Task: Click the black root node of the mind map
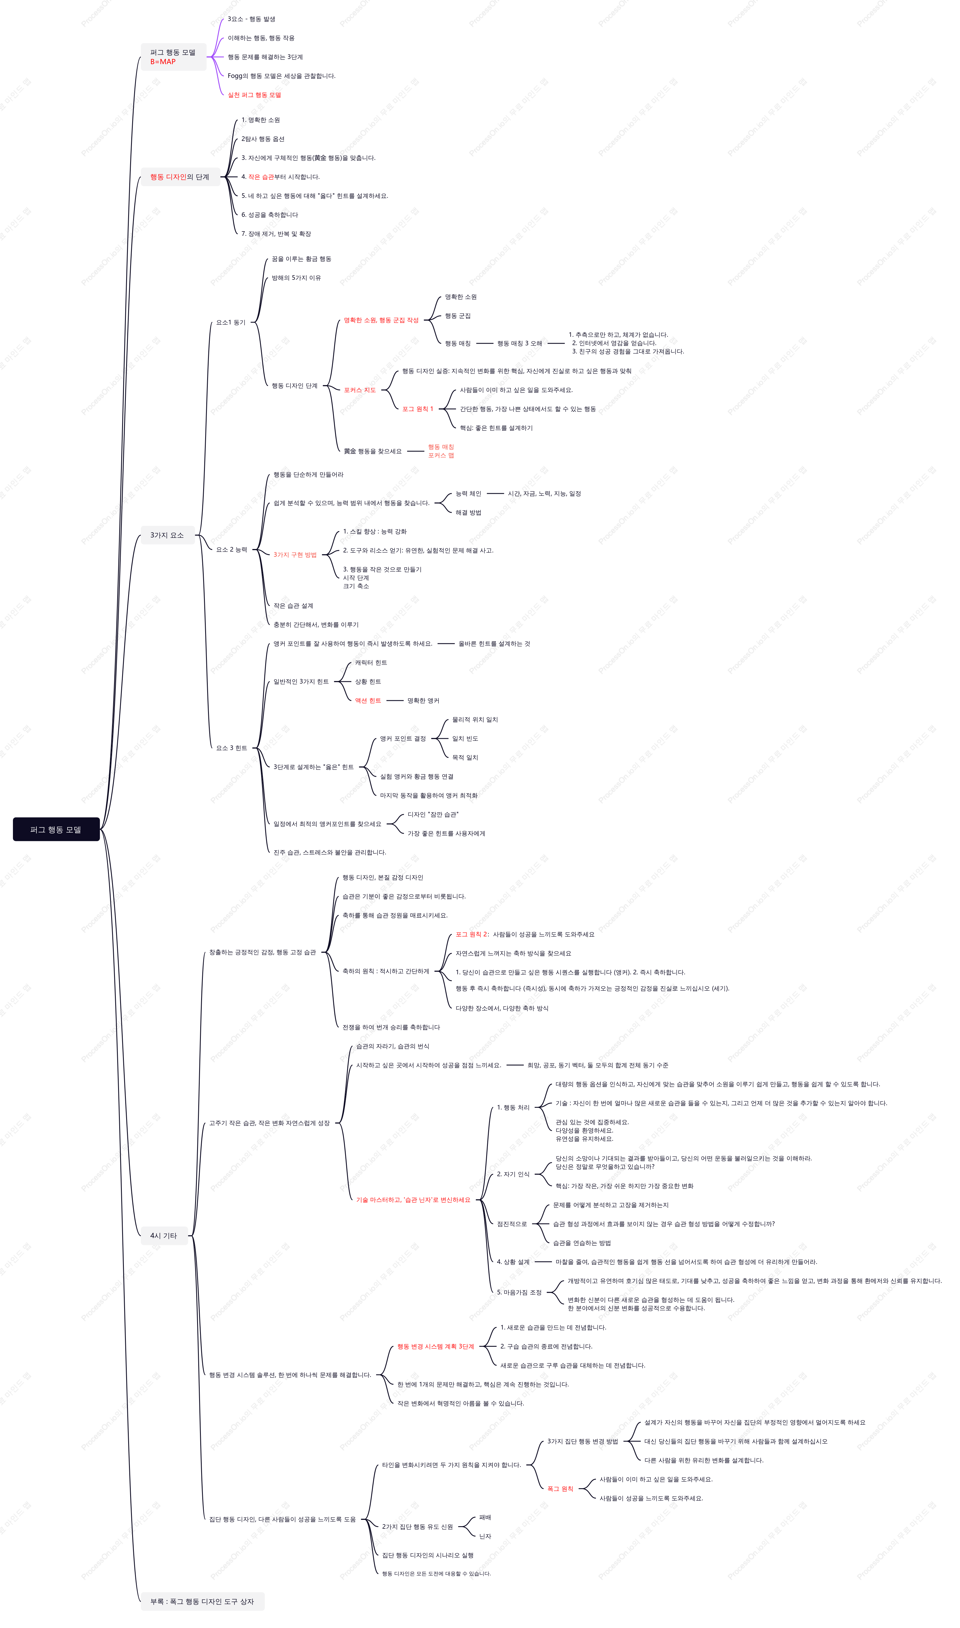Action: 56,829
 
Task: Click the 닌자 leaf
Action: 485,1536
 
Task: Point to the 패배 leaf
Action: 485,1517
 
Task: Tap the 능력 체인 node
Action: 468,493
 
